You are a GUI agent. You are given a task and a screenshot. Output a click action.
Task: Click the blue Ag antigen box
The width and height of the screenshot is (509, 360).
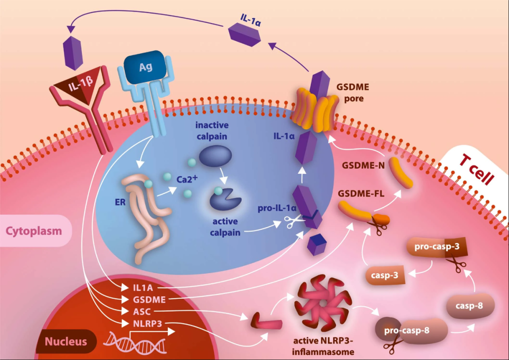[146, 67]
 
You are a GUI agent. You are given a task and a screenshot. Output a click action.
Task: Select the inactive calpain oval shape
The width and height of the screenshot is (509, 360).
[215, 156]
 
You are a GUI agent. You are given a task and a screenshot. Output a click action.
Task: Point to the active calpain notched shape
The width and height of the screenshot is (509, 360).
[224, 199]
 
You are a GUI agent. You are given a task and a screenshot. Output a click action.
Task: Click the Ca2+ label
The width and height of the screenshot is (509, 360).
[187, 179]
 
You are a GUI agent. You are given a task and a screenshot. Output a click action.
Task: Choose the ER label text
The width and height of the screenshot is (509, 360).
[120, 202]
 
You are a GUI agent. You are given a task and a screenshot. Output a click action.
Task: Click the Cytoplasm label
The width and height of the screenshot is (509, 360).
[34, 231]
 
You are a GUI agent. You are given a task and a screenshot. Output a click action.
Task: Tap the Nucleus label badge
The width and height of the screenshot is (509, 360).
[66, 341]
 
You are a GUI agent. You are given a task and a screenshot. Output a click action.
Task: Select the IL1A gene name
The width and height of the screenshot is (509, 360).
[143, 287]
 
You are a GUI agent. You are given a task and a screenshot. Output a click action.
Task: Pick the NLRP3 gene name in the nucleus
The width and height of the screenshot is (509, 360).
[148, 324]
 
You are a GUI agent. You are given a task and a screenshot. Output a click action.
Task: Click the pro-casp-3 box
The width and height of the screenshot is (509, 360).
[437, 247]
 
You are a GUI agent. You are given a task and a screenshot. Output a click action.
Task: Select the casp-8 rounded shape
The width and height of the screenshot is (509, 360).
[469, 305]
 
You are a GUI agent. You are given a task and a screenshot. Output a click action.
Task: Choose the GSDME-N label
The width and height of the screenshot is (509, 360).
[363, 165]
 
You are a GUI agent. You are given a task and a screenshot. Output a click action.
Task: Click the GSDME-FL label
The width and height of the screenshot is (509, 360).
[361, 194]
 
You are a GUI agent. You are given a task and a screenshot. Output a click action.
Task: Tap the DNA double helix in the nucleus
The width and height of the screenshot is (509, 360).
[135, 343]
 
